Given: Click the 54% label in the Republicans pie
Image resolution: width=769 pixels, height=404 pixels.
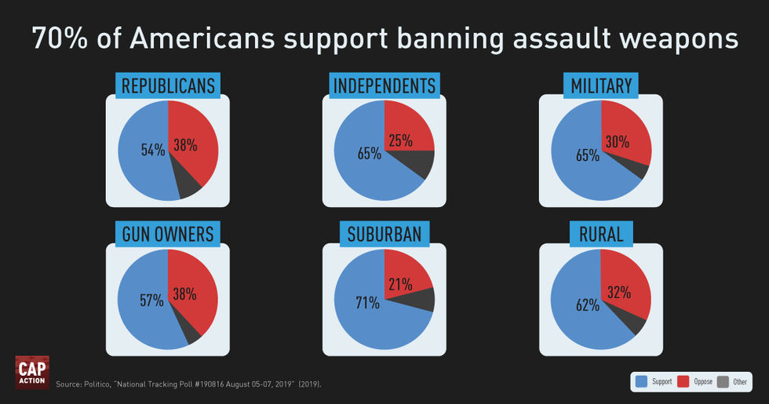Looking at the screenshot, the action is [x=153, y=150].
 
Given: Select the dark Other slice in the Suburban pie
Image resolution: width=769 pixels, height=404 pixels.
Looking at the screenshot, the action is [x=422, y=300].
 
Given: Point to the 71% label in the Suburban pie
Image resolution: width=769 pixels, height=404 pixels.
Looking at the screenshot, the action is [x=368, y=303].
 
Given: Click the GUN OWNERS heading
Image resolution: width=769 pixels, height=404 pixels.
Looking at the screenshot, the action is [x=168, y=234].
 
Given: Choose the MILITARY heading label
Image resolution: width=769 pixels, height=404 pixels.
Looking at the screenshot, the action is [x=601, y=86].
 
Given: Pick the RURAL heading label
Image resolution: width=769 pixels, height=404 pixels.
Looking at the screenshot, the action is [x=601, y=234].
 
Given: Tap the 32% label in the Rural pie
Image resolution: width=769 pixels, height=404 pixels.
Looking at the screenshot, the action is [x=619, y=292].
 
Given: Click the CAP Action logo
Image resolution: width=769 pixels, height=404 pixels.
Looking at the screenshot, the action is [x=32, y=372].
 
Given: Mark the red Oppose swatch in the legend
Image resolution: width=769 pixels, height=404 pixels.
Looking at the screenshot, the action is [x=683, y=381].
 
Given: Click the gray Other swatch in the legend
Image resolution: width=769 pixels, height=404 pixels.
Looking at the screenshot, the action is [x=723, y=381].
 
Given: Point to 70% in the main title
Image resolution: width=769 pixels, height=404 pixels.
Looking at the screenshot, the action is [x=60, y=38].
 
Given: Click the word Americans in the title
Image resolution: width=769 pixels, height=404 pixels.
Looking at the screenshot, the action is [x=202, y=38].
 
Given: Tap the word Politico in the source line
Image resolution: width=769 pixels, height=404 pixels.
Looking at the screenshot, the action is [x=97, y=384].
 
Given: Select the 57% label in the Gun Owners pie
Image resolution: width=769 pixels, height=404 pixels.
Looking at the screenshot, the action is [x=152, y=300].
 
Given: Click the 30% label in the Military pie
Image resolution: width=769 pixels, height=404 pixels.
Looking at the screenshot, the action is [x=618, y=142].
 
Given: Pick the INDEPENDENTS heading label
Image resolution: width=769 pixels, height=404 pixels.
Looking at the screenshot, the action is [x=384, y=86].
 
